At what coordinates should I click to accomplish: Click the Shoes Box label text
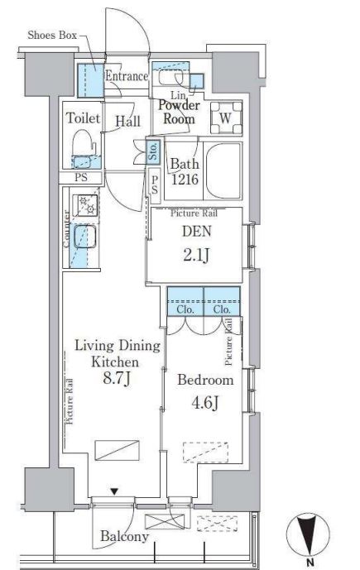click(x=52, y=36)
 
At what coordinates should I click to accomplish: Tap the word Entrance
click(x=127, y=76)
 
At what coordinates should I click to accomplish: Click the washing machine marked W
click(x=226, y=117)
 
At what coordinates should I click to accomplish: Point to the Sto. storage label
click(x=153, y=151)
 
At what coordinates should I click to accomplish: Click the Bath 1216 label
click(x=185, y=171)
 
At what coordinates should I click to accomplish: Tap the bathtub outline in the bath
click(x=223, y=170)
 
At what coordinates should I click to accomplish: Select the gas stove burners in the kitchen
click(x=85, y=205)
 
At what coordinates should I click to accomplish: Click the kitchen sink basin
click(x=85, y=237)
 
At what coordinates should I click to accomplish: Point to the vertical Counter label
click(x=66, y=229)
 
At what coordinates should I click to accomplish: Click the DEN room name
click(x=196, y=232)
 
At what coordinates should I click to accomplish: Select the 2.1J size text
click(x=196, y=256)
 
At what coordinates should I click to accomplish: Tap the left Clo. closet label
click(x=185, y=309)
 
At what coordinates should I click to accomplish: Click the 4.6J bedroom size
click(x=204, y=403)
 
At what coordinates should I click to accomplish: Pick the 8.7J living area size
click(x=117, y=378)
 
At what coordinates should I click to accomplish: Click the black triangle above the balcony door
click(x=114, y=492)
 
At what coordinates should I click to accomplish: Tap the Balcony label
click(x=124, y=537)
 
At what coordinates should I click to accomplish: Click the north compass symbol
click(x=308, y=534)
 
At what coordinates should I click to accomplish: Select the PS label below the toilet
click(x=81, y=177)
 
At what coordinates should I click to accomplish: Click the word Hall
click(x=127, y=122)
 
